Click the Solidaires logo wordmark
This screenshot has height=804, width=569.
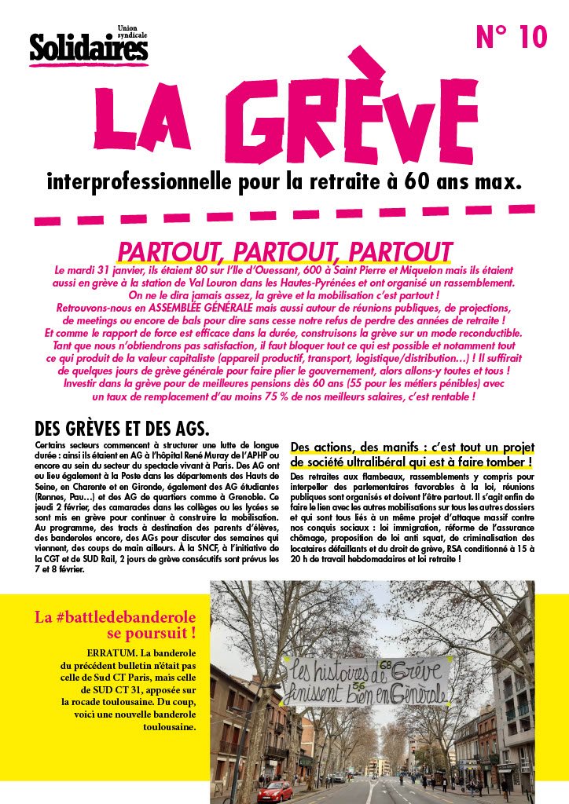(88, 49)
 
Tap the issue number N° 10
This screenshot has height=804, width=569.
(511, 37)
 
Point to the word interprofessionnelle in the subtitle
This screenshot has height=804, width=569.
(141, 185)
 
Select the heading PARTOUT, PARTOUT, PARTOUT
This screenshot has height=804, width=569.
(284, 251)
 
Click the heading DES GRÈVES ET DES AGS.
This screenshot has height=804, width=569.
(121, 429)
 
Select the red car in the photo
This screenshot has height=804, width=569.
(274, 791)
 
